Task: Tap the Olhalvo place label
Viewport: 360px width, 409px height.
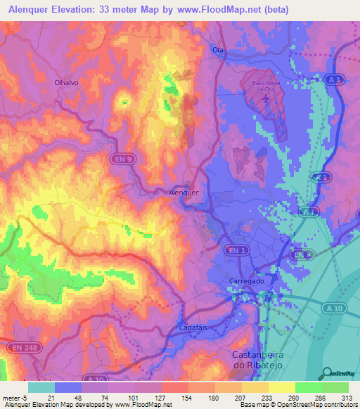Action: pyautogui.click(x=67, y=82)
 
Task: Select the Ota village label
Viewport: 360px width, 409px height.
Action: pyautogui.click(x=218, y=50)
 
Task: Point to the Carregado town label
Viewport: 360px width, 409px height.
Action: pyautogui.click(x=246, y=280)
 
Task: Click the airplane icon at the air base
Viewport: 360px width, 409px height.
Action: pyautogui.click(x=266, y=98)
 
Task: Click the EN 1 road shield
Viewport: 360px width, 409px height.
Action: pyautogui.click(x=235, y=250)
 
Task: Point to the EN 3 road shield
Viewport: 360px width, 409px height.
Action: pyautogui.click(x=301, y=254)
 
